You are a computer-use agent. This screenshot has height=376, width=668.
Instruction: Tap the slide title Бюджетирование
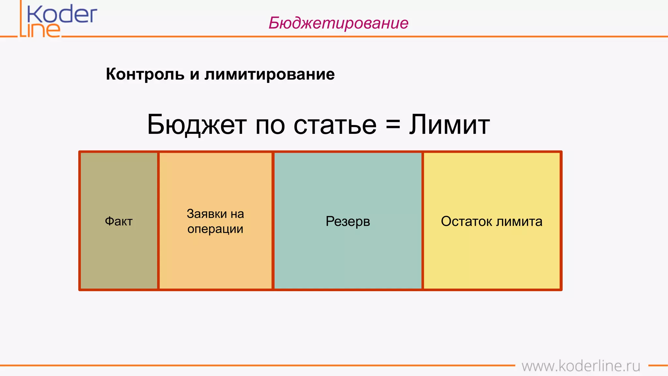pos(338,23)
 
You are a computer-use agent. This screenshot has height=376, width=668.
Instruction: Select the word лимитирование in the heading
pos(269,74)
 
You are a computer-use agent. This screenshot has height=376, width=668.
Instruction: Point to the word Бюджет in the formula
pos(197,125)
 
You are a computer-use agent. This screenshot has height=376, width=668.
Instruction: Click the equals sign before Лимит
pos(393,125)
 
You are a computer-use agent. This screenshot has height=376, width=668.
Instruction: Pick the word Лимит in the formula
pos(449,125)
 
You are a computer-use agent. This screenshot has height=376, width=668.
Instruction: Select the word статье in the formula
pos(335,125)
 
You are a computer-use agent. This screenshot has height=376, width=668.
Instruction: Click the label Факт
pos(119,221)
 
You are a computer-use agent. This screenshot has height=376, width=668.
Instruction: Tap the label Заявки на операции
pos(215,221)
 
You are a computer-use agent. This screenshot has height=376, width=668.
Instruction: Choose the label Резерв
pos(348,221)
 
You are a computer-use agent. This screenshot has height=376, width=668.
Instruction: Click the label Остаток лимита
pos(492,221)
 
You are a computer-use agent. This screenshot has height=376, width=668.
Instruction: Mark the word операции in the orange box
pos(215,229)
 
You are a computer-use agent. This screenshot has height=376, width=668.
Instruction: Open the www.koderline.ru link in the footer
pos(581,366)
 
